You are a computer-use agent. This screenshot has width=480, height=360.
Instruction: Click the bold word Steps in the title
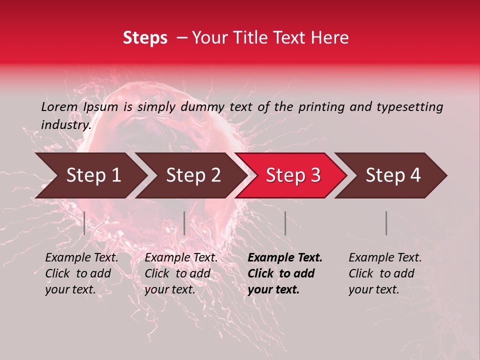tap(145, 38)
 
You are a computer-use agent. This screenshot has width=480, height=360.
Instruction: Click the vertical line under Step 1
tap(84, 223)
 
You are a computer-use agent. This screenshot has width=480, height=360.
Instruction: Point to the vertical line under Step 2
tap(184, 223)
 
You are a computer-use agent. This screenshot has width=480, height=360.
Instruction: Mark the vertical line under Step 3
tap(285, 223)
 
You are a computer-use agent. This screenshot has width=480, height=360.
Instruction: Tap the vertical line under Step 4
tap(386, 223)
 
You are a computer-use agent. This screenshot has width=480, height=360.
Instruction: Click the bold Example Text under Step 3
tap(285, 273)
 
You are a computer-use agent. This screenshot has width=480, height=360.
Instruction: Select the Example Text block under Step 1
tap(81, 273)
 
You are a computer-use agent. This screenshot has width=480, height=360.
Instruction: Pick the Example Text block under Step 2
tap(181, 273)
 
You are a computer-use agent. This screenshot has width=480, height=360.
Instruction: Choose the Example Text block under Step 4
tap(385, 273)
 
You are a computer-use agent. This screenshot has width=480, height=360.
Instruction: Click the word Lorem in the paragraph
tap(59, 106)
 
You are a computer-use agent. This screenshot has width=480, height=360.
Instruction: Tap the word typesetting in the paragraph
tap(409, 106)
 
